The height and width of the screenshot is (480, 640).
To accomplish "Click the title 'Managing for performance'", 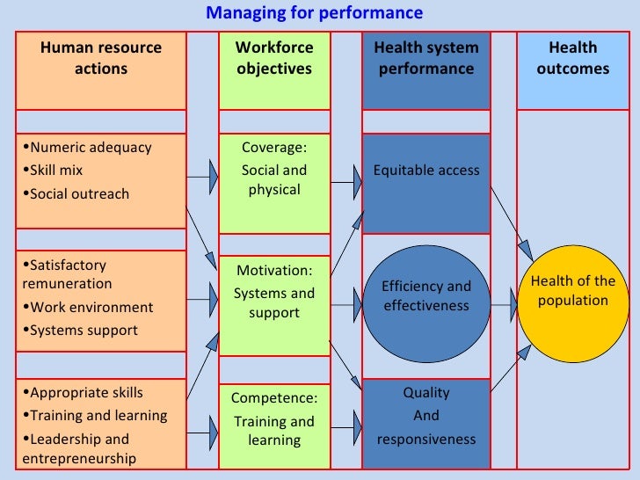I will coord(314,13).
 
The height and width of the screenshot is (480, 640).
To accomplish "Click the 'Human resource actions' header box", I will coord(101,58).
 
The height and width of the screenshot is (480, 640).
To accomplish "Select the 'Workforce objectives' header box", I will coord(274,58).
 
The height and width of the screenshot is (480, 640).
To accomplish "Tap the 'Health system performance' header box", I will coord(426,58).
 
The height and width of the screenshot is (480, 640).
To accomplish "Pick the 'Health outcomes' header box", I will coord(573,58).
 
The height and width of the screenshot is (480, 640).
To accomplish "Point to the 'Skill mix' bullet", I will coord(56,171).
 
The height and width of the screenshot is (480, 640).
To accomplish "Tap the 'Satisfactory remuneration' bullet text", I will coord(67,274).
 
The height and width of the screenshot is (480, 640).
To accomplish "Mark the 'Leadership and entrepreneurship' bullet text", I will coord(76,448).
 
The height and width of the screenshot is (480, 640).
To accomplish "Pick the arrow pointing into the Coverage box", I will coord(202,178).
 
